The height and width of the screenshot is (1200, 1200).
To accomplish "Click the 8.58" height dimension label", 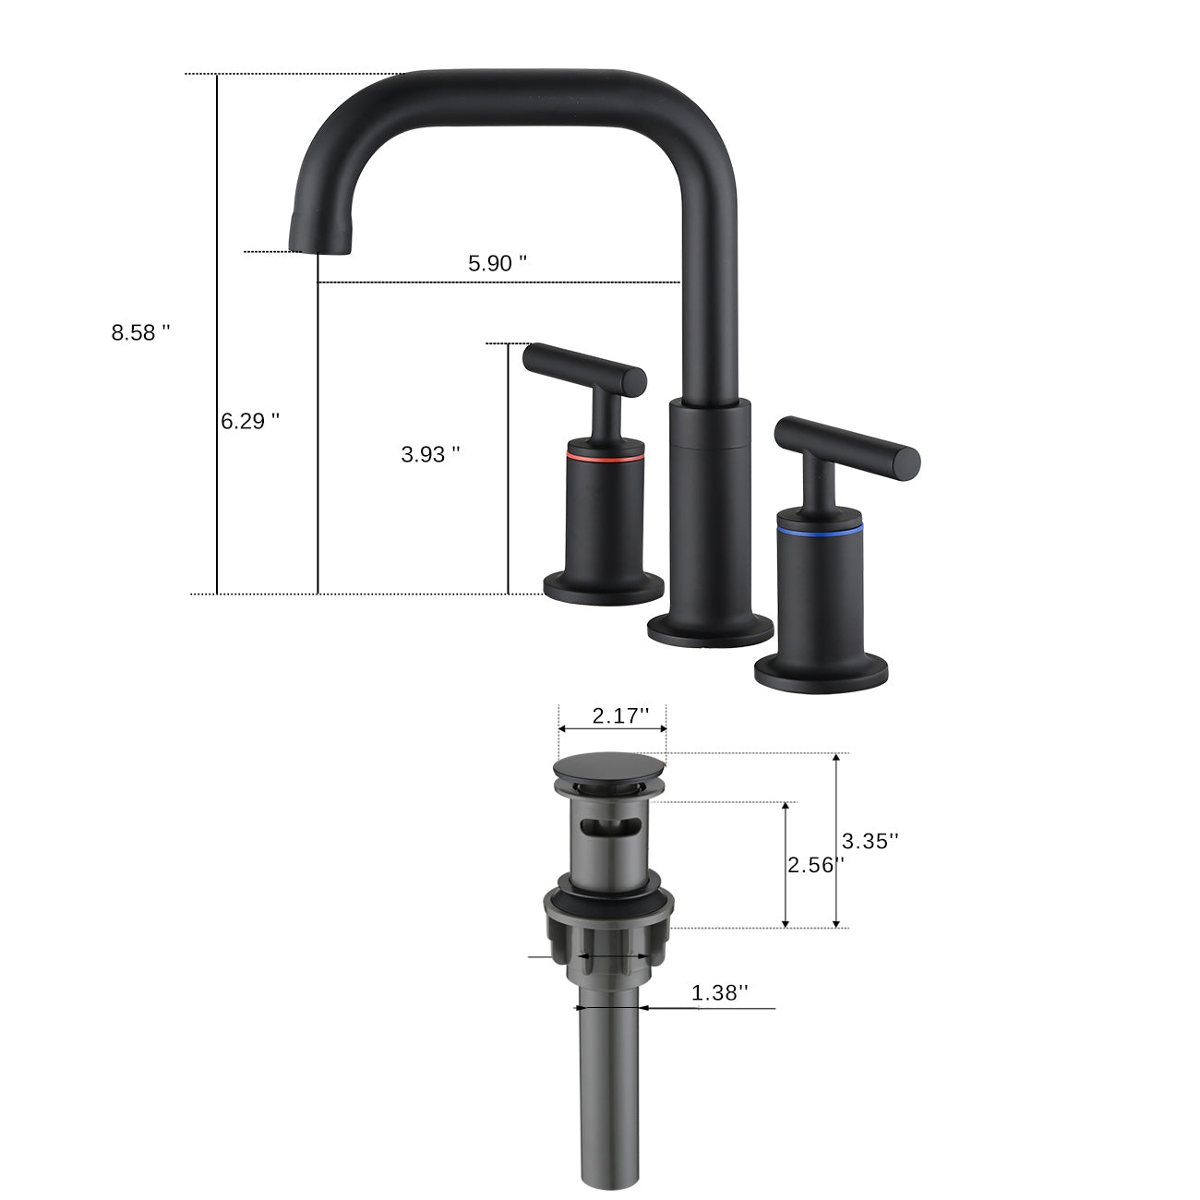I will click(x=140, y=333).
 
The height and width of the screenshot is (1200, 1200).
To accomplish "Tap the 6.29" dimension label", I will click(x=249, y=421).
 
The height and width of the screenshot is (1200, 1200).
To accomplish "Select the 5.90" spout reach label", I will click(x=498, y=263).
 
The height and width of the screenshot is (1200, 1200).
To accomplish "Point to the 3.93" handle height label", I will click(x=430, y=454).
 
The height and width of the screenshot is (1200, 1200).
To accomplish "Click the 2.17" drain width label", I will click(x=620, y=715).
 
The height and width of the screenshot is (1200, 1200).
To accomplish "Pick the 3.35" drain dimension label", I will click(x=870, y=841).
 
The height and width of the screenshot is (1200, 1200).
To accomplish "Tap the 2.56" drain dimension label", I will click(x=814, y=865).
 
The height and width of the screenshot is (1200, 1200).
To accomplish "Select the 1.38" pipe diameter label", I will click(x=719, y=993).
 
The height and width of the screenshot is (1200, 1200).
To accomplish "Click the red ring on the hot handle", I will click(x=604, y=457).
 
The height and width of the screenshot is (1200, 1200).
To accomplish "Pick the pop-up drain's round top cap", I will click(x=609, y=770).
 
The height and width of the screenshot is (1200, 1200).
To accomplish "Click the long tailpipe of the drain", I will click(x=609, y=1089).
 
